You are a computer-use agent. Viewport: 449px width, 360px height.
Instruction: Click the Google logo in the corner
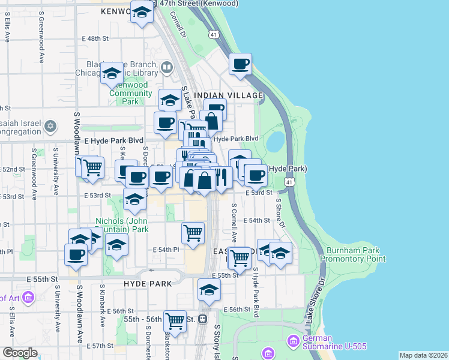[x=20, y=353]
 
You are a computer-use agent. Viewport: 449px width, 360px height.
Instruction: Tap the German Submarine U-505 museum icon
[x=294, y=341]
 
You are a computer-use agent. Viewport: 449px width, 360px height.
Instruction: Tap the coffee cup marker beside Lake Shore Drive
[x=240, y=64]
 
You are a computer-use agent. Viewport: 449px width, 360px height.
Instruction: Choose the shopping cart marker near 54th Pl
[x=193, y=232]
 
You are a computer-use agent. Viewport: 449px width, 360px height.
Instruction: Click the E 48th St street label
[x=94, y=38]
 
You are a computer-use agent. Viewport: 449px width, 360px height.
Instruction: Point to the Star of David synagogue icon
[x=51, y=126]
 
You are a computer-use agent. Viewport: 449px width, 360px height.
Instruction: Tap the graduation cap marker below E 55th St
[x=208, y=289]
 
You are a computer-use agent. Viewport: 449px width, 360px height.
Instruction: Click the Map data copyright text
[x=423, y=355]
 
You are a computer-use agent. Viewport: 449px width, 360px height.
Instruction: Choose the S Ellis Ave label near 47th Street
[x=7, y=28]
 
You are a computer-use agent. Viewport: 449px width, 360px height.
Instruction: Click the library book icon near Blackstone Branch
[x=167, y=68]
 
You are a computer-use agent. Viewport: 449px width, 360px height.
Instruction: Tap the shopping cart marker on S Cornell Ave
[x=240, y=257]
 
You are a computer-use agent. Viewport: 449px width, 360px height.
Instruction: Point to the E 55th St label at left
[x=45, y=279]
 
